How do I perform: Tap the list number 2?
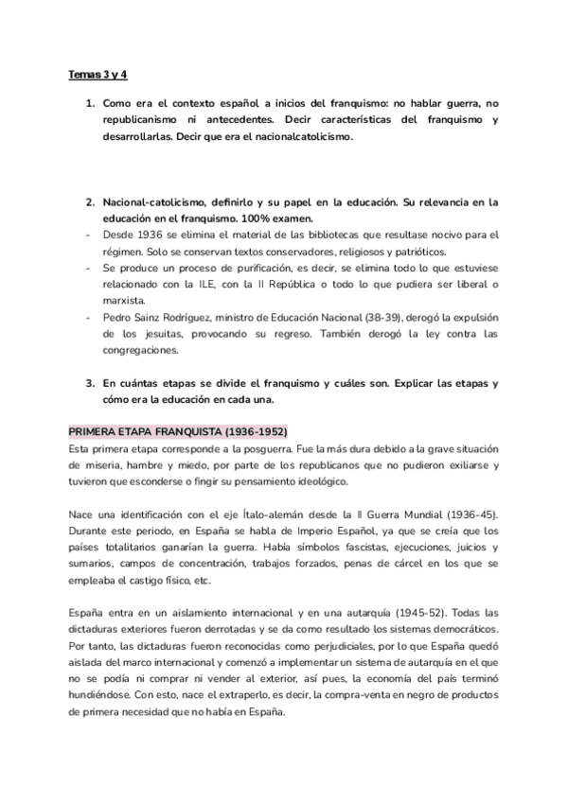point(89,202)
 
